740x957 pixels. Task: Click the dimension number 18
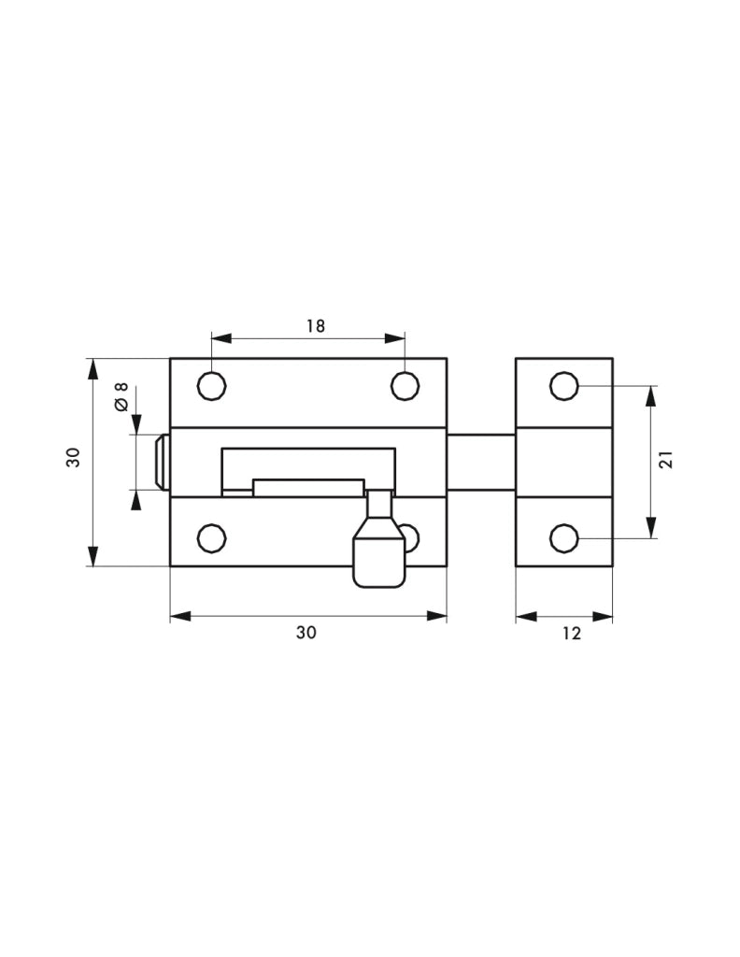315,325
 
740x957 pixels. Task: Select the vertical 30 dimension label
73,457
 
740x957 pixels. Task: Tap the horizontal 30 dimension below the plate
306,633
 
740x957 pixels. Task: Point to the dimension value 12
572,634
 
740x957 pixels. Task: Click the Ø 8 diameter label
120,397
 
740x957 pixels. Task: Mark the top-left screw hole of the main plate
212,385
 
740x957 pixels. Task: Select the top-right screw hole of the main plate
405,385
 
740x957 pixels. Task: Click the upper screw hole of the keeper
564,385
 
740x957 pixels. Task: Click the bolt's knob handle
378,558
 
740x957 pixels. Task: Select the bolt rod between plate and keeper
480,463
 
